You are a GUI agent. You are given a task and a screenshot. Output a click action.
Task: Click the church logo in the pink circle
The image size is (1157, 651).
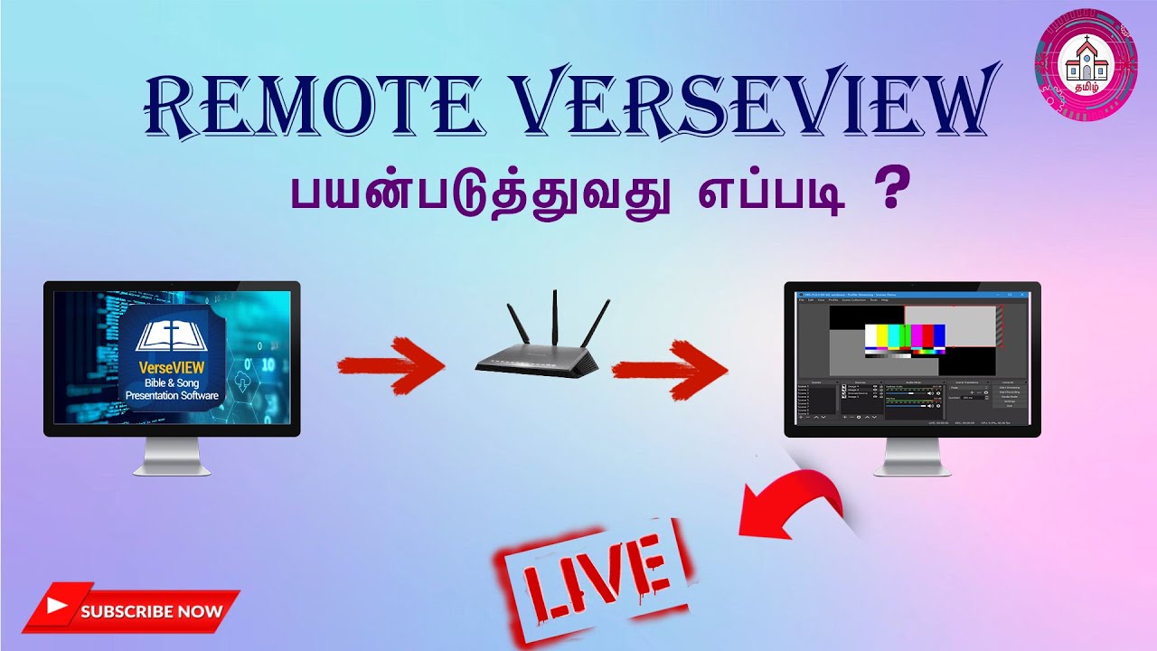[1086, 61]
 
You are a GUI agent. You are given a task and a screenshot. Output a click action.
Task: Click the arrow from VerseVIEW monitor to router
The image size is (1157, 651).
[389, 367]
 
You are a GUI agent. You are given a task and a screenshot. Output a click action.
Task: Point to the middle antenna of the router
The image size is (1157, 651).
[554, 316]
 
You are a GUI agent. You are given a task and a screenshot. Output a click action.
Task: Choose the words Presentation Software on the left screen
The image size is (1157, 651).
[172, 395]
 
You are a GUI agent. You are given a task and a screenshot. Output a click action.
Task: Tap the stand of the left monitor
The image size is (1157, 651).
[172, 458]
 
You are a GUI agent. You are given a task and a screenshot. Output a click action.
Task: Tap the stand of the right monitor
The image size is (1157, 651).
[912, 458]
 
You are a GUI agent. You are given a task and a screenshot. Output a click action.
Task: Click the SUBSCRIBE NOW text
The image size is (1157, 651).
[151, 611]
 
